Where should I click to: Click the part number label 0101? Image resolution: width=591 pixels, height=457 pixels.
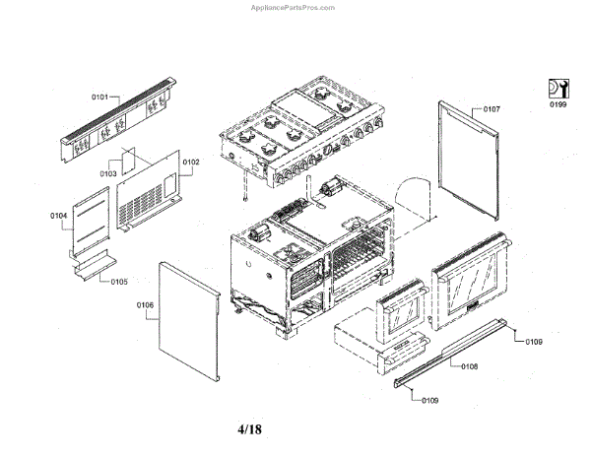click(99, 98)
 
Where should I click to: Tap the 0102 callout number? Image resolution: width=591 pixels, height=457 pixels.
click(190, 162)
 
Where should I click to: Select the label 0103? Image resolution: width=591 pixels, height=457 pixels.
click(108, 174)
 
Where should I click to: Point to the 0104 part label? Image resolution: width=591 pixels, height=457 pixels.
click(58, 214)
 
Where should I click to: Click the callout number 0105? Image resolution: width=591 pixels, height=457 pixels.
click(118, 281)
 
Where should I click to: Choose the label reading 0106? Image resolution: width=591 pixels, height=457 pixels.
click(146, 305)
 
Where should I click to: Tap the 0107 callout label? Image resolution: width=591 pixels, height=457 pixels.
click(492, 108)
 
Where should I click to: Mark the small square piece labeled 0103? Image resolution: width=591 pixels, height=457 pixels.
click(127, 163)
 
